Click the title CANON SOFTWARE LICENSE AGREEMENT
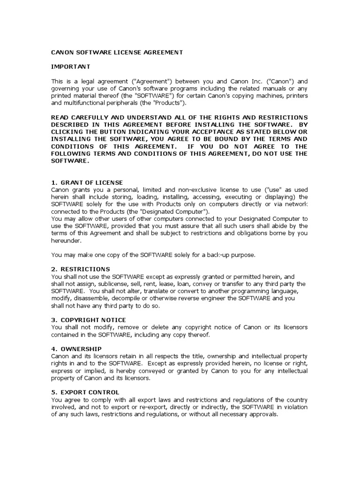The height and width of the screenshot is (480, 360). [x=117, y=52]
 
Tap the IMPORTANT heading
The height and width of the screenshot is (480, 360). [x=71, y=67]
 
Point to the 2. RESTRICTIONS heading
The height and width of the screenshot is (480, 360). [x=81, y=269]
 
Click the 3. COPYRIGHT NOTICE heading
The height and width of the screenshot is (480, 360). [x=88, y=320]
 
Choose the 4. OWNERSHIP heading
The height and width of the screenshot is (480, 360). [x=76, y=349]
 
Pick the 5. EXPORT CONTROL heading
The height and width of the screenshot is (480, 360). [x=85, y=392]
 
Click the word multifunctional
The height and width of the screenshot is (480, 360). [x=84, y=103]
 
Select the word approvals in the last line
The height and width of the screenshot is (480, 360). [x=264, y=414]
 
